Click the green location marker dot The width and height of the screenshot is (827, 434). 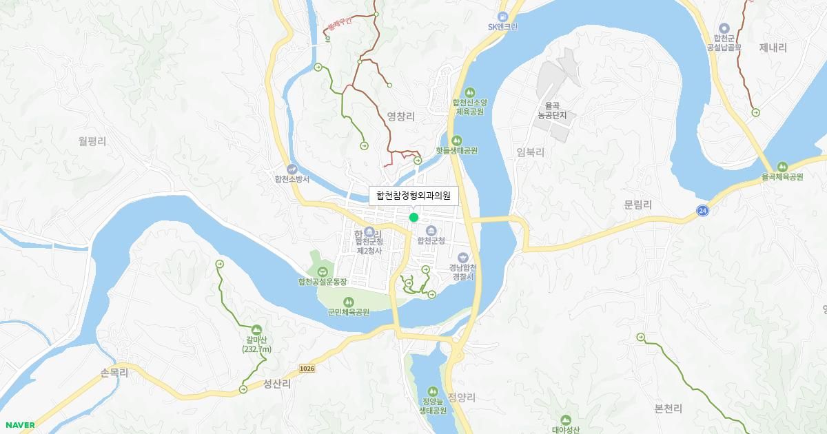click(413, 218)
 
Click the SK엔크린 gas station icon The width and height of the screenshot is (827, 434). click(503, 16)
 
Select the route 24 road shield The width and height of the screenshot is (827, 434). click(702, 209)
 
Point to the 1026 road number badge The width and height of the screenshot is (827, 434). click(307, 369)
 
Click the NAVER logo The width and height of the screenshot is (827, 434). click(19, 425)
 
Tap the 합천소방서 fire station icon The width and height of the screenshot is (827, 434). click(292, 169)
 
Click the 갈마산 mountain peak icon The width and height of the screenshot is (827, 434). click(257, 330)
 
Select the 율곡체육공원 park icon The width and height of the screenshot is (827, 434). click(782, 167)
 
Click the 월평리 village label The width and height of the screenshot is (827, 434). click(92, 141)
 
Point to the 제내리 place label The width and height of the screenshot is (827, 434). click(773, 48)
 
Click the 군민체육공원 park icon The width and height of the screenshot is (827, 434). click(348, 302)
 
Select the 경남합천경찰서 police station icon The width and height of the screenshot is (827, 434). click(462, 258)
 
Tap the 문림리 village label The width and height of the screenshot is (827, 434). click(637, 205)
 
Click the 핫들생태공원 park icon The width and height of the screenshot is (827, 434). click(456, 141)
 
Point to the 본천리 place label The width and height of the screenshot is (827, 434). click(668, 409)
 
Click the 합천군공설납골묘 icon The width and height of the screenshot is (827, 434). click(724, 28)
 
